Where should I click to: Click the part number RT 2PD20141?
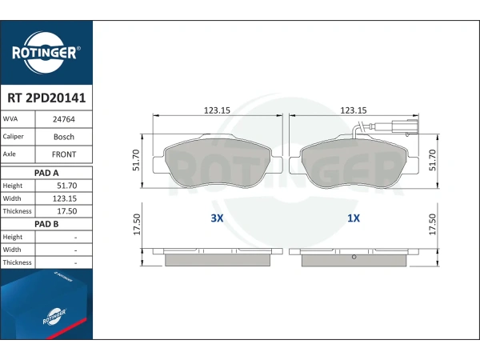tap(46, 98)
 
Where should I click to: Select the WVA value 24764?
tap(64, 119)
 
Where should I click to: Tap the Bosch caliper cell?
tap(64, 137)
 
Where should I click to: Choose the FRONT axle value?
tap(64, 154)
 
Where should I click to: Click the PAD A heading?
tap(46, 173)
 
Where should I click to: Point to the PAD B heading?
tap(46, 224)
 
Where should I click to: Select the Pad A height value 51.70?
tap(67, 186)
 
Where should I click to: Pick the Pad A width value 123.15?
tap(65, 198)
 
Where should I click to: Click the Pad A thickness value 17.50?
tap(67, 211)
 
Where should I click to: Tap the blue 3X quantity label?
tap(217, 218)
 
